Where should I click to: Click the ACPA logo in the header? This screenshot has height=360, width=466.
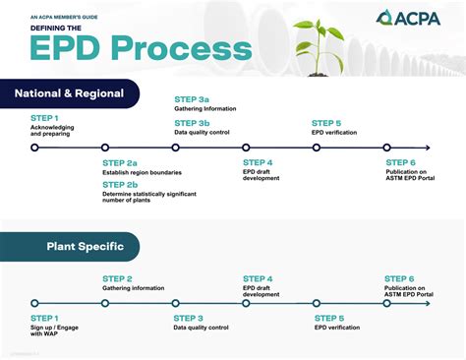pyautogui.click(x=410, y=19)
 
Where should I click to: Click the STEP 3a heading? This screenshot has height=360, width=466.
pyautogui.click(x=191, y=100)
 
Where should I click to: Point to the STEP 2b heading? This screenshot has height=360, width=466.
pyautogui.click(x=119, y=184)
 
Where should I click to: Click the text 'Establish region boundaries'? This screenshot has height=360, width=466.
pyautogui.click(x=142, y=173)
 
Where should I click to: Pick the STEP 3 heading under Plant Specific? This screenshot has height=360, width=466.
pyautogui.click(x=189, y=318)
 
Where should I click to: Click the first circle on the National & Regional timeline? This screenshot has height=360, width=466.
pyautogui.click(x=34, y=148)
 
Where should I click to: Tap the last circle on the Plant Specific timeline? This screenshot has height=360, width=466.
pyautogui.click(x=388, y=303)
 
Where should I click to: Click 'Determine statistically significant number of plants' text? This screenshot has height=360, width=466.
pyautogui.click(x=149, y=198)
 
